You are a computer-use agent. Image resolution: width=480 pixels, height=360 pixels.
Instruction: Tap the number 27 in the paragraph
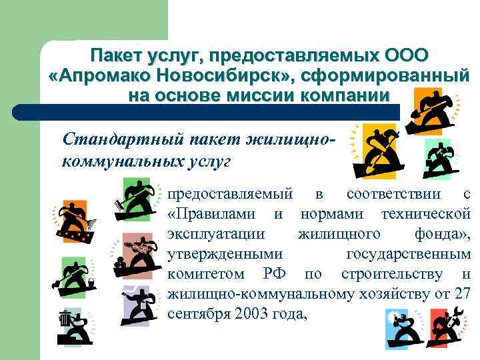(x=461, y=293)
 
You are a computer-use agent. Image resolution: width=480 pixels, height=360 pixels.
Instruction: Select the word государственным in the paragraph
(x=409, y=254)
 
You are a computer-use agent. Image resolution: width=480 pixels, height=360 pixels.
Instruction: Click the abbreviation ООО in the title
(x=407, y=55)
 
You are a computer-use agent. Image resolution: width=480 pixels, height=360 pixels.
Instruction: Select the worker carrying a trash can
(x=71, y=327)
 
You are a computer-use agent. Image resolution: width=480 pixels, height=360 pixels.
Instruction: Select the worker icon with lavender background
(x=139, y=304)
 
